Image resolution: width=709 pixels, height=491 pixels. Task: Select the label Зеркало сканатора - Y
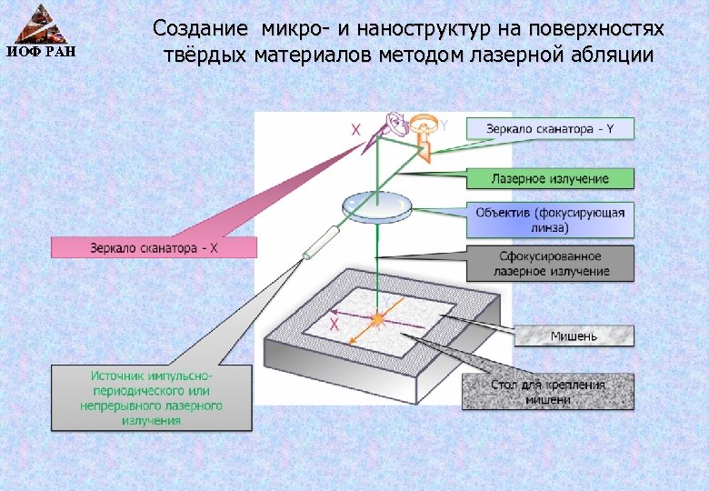click(x=550, y=128)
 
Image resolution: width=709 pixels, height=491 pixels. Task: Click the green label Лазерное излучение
click(x=550, y=178)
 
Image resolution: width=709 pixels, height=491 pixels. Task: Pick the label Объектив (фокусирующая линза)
click(x=550, y=219)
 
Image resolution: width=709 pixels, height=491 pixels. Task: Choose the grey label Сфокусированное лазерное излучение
click(x=550, y=264)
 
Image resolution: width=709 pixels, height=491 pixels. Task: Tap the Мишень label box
click(x=574, y=336)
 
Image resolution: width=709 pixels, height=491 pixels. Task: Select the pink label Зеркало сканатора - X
click(x=155, y=247)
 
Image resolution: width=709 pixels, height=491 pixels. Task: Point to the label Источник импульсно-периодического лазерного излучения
click(x=151, y=397)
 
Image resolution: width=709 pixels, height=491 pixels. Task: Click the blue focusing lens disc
click(x=375, y=207)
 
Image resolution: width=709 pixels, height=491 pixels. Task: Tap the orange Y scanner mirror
click(x=423, y=128)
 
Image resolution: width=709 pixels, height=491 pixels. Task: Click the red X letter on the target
click(x=335, y=324)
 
